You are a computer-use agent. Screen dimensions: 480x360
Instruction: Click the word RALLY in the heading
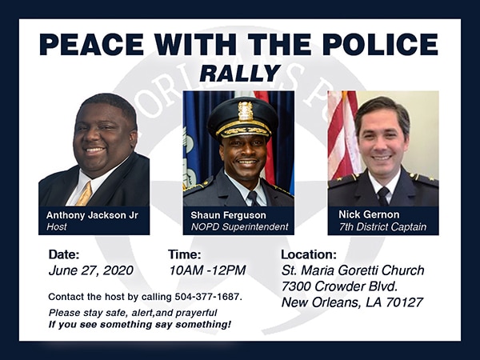click(240, 74)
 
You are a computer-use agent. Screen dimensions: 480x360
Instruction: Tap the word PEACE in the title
click(91, 44)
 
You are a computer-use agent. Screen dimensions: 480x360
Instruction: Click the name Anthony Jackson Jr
click(92, 215)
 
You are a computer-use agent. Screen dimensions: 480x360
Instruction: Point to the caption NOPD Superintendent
click(239, 227)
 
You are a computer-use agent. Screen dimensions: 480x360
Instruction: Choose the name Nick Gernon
click(369, 214)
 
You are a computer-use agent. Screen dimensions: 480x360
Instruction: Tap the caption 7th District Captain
click(382, 227)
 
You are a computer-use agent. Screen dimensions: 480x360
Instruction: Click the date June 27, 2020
click(91, 270)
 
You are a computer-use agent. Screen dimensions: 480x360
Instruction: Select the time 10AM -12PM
click(207, 270)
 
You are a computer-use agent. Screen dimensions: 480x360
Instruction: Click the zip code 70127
click(404, 302)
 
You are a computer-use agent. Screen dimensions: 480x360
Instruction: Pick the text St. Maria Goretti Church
click(353, 270)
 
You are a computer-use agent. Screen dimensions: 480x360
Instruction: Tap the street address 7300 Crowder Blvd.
click(339, 286)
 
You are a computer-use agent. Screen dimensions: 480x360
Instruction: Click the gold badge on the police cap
click(246, 111)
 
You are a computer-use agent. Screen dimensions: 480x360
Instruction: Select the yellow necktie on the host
click(85, 194)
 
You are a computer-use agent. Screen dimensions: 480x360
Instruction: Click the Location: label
click(309, 254)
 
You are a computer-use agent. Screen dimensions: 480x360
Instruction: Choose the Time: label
click(185, 254)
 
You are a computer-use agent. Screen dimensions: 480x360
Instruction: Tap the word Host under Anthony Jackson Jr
click(57, 227)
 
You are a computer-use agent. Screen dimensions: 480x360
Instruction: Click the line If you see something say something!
click(139, 325)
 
